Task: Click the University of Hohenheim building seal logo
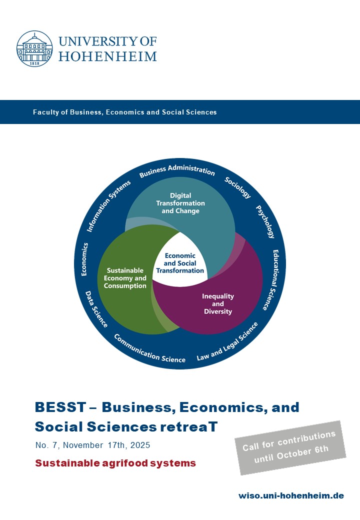pyautogui.click(x=34, y=49)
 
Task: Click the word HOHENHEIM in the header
pyautogui.click(x=107, y=56)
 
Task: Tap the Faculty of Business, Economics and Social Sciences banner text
pyautogui.click(x=124, y=112)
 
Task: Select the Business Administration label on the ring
pyautogui.click(x=177, y=170)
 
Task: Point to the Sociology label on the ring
pyautogui.click(x=237, y=187)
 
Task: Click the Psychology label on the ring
pyautogui.click(x=265, y=221)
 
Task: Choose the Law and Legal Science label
pyautogui.click(x=227, y=341)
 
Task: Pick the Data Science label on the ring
pyautogui.click(x=96, y=309)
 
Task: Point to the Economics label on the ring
pyautogui.click(x=84, y=259)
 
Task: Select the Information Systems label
pyautogui.click(x=108, y=206)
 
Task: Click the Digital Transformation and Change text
pyautogui.click(x=180, y=203)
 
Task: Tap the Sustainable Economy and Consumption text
pyautogui.click(x=125, y=278)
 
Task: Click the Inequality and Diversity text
pyautogui.click(x=218, y=304)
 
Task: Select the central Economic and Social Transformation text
pyautogui.click(x=180, y=263)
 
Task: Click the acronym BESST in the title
pyautogui.click(x=60, y=407)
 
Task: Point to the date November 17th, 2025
pyautogui.click(x=106, y=445)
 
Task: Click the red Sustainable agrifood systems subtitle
pyautogui.click(x=115, y=463)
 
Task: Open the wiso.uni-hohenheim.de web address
pyautogui.click(x=291, y=496)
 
